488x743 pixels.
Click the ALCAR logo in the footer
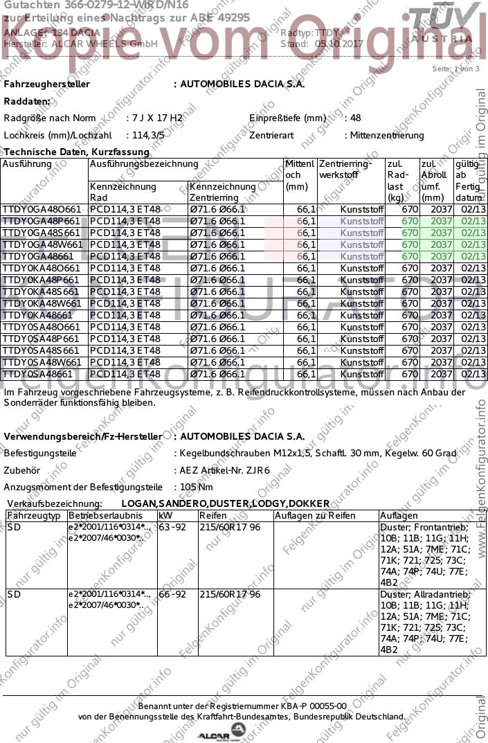coord(222,733)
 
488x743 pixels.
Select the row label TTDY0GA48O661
coord(42,209)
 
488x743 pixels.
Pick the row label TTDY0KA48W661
coord(42,303)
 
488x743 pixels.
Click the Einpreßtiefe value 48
coord(356,118)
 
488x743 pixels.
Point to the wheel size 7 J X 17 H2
coord(156,118)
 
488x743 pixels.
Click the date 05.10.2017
coord(338,44)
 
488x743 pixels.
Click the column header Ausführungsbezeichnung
coord(144,164)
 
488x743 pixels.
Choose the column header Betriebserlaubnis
coord(105,516)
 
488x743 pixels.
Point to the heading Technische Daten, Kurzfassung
coord(77,152)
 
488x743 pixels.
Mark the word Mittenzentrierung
coord(387,136)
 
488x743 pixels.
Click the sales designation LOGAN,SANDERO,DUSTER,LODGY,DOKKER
coord(215,503)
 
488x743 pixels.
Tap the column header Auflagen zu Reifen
coord(315,516)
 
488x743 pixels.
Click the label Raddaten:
coord(27,101)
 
